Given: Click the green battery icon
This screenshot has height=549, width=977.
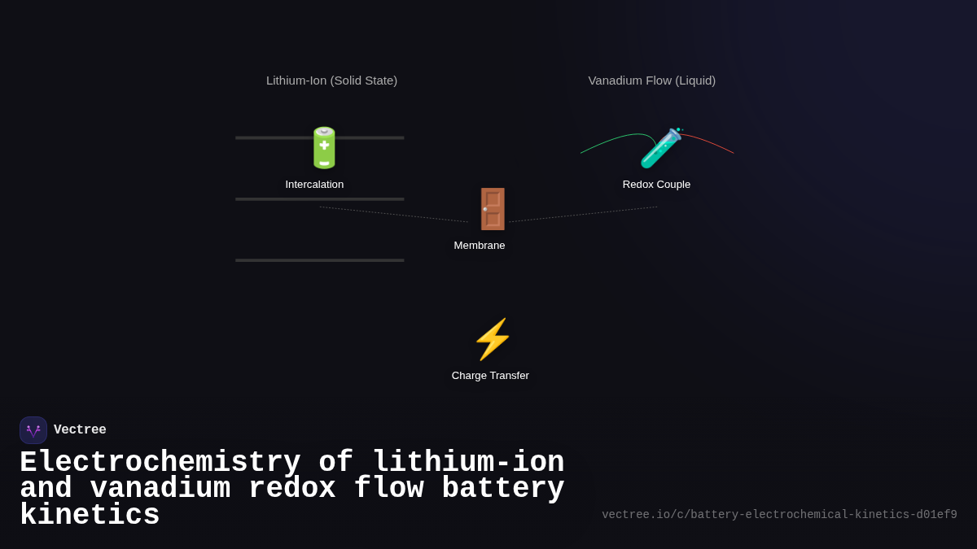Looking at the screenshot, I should pos(324,147).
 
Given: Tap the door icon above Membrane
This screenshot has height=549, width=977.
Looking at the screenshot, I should pos(493,209).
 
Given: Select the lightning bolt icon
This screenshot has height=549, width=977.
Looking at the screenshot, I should pos(493,339).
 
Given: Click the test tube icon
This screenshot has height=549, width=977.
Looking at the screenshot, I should pos(660,147).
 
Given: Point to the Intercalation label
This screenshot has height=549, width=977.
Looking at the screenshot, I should pos(314,185).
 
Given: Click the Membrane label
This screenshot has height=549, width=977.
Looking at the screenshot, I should pos(480,246).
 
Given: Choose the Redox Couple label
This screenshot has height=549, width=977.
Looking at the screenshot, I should pos(656,185).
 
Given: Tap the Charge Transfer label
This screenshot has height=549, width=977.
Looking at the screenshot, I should pos(490,376).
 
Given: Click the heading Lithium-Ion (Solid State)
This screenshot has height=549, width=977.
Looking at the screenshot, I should pos(331,81).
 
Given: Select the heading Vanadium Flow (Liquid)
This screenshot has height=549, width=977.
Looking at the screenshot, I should pos(652,81).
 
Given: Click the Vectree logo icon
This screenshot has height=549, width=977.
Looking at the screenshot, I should pos(33,430).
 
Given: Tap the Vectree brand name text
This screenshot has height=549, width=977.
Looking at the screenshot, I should pos(80,430).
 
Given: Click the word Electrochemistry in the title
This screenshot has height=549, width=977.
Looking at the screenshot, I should pos(160,463).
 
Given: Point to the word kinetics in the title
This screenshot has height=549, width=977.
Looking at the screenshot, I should pos(90,516).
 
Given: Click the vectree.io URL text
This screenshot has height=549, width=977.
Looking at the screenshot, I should pos(779,515).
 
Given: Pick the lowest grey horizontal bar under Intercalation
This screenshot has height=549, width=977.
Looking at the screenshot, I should pos(319,260).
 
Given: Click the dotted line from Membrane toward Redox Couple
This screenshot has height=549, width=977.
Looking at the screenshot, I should pos(582,214).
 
